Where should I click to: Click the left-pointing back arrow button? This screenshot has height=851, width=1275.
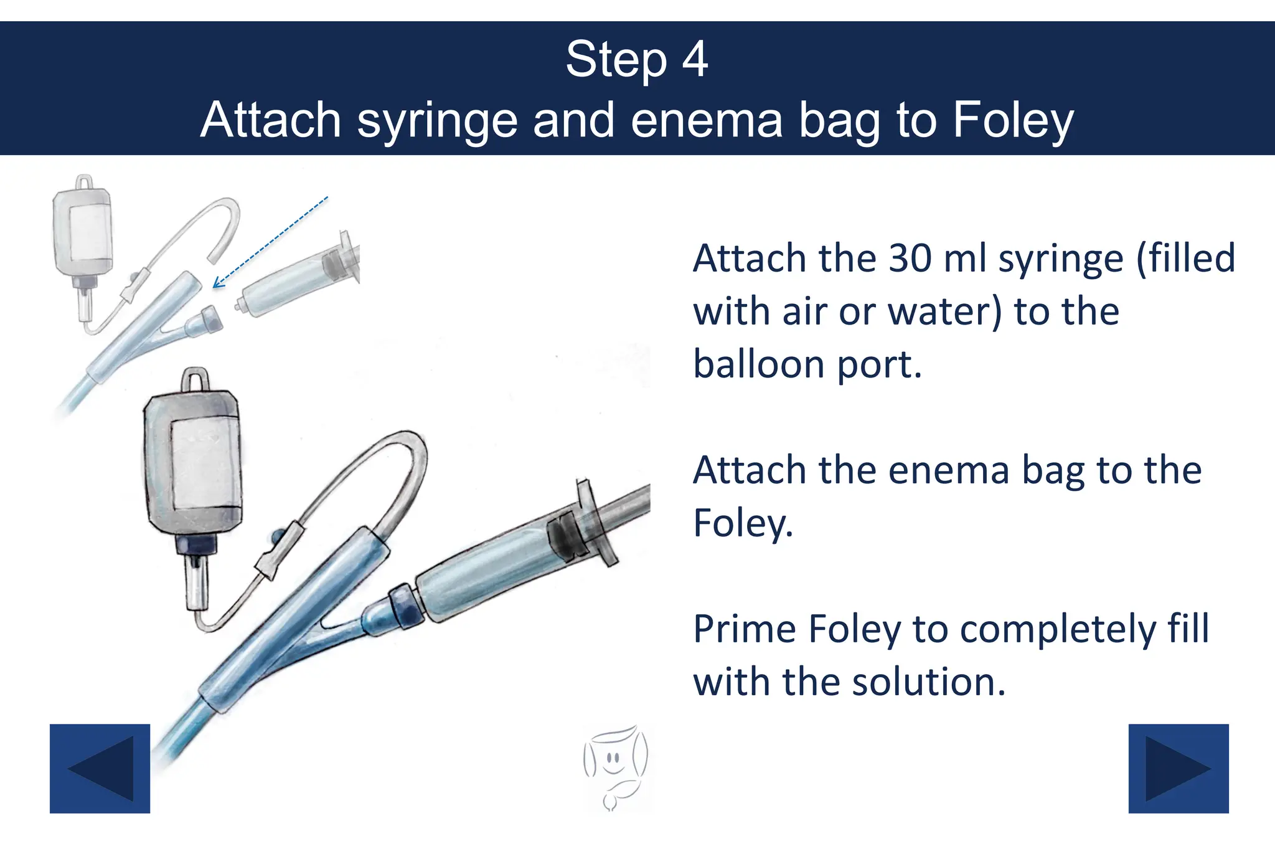point(100,768)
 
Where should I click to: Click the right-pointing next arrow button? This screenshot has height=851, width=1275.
point(1178,768)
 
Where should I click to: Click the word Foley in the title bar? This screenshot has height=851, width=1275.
point(1013,120)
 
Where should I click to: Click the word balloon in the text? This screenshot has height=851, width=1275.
point(758,364)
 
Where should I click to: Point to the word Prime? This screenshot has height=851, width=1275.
point(745,629)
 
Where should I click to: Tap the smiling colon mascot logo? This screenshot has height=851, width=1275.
point(615,766)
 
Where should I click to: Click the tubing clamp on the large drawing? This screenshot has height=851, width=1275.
point(277,551)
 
